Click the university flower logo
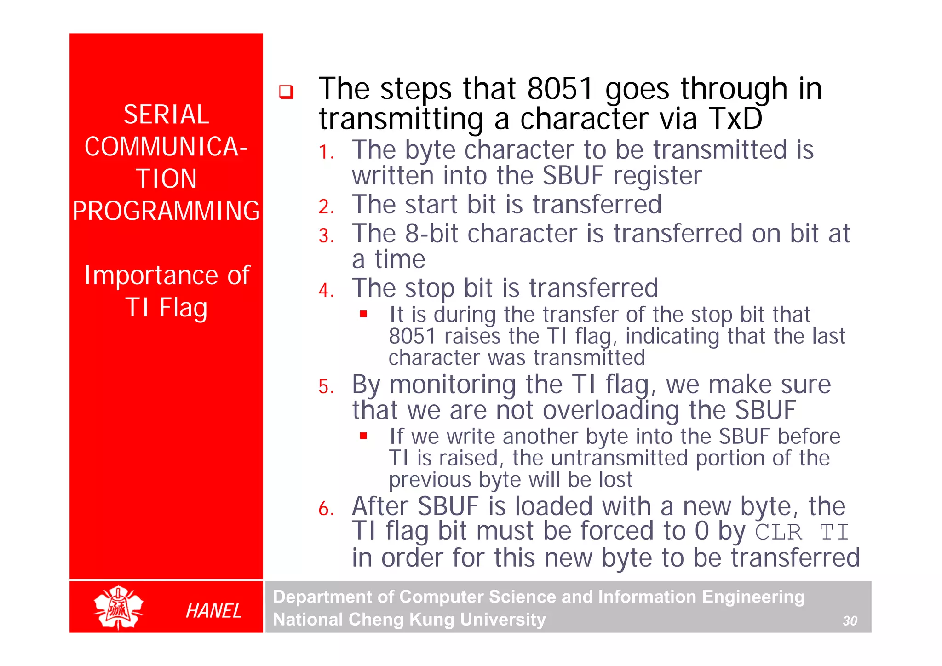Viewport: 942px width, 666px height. pyautogui.click(x=118, y=608)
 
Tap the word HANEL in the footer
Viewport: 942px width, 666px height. pyautogui.click(x=213, y=611)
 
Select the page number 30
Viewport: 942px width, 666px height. pyautogui.click(x=850, y=621)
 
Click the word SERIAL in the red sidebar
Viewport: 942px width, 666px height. pyautogui.click(x=166, y=115)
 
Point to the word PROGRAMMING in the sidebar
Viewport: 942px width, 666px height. pyautogui.click(x=166, y=211)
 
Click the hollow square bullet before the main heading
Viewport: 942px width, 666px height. pyautogui.click(x=286, y=92)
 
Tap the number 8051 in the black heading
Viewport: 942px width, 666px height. pyautogui.click(x=560, y=89)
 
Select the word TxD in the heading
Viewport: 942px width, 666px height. pyautogui.click(x=735, y=119)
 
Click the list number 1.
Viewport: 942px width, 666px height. pyautogui.click(x=326, y=152)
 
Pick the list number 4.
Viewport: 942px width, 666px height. pyautogui.click(x=326, y=291)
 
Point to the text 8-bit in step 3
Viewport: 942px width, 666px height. pyautogui.click(x=431, y=234)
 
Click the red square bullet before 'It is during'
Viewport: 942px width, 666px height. pyautogui.click(x=363, y=314)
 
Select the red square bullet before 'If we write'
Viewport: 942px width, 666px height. pyautogui.click(x=363, y=436)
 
